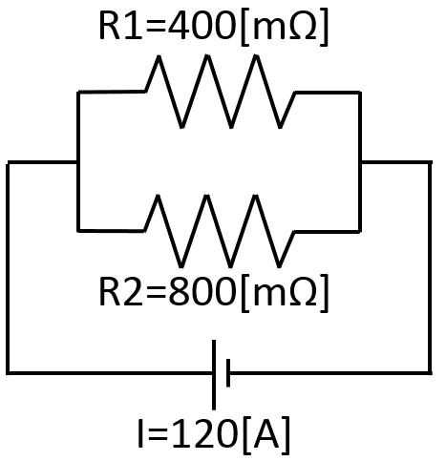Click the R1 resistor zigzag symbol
point(231,92)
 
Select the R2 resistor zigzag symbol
point(231,231)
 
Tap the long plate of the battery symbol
point(214,375)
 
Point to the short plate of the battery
point(228,373)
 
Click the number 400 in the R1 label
point(202,26)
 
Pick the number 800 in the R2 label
point(202,291)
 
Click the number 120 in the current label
point(205,433)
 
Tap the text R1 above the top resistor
point(120,26)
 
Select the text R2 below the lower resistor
point(120,291)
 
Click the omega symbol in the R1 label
point(303,26)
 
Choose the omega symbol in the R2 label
point(303,292)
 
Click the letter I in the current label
point(140,433)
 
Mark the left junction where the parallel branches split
point(78,162)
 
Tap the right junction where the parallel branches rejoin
point(360,162)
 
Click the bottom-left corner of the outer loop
point(8,372)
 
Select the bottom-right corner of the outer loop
point(430,372)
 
